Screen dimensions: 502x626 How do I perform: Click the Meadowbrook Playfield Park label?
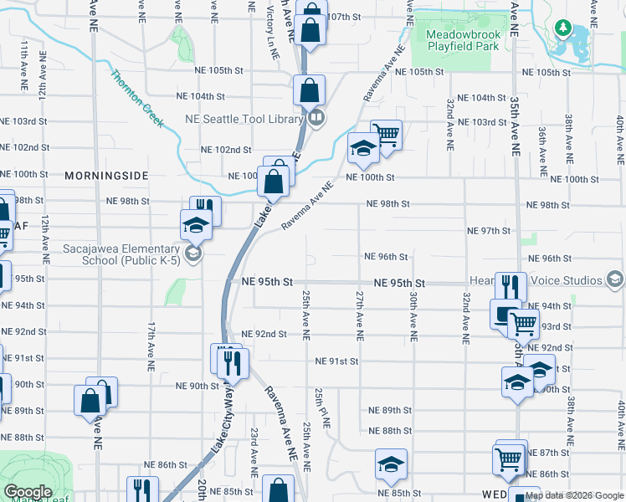(463, 40)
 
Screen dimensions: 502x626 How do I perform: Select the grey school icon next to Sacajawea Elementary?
(192, 254)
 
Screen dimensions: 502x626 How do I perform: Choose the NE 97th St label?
(489, 231)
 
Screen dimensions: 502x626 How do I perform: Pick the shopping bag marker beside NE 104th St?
(310, 90)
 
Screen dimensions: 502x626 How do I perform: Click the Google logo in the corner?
(28, 492)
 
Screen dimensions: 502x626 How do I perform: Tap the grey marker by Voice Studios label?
(616, 278)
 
